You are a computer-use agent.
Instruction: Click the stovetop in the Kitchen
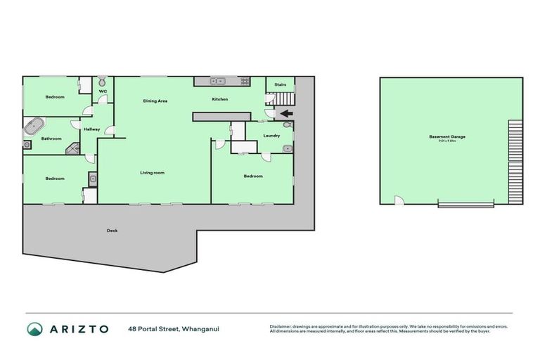tap(245, 82)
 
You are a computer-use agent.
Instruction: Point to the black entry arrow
tap(286, 113)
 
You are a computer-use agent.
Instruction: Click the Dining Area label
tap(155, 101)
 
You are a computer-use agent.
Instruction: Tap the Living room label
tap(152, 172)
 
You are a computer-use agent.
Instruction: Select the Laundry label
tap(272, 135)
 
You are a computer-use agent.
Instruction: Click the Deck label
tap(112, 231)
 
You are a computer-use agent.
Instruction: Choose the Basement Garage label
tap(447, 136)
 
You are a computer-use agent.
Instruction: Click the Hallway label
tap(92, 129)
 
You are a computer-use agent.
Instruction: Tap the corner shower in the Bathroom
tap(73, 148)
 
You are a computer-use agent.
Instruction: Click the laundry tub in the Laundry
tap(287, 149)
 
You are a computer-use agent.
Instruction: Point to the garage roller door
tap(465, 204)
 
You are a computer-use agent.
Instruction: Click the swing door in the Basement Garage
tap(399, 200)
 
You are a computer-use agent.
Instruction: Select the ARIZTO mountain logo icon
tap(34, 328)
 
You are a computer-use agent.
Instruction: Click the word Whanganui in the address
tap(202, 328)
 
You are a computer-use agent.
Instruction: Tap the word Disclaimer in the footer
tap(281, 326)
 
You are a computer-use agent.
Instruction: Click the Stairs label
tap(280, 85)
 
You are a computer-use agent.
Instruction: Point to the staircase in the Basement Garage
tap(516, 160)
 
